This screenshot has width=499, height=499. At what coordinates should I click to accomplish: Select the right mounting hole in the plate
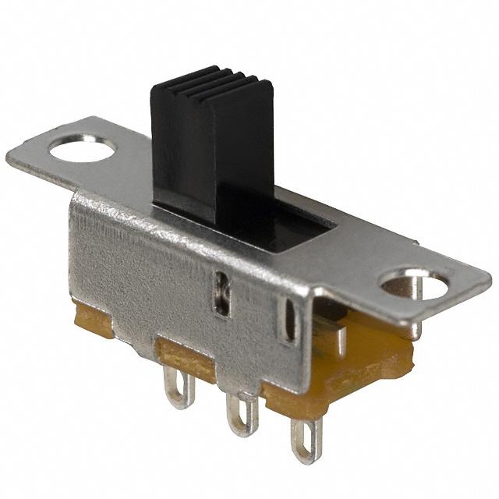click(415, 285)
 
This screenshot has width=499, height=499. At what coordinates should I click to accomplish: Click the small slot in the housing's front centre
click(222, 293)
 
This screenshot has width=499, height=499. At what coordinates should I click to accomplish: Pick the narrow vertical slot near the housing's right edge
click(289, 320)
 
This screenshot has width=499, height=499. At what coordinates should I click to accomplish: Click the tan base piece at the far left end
click(92, 320)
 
